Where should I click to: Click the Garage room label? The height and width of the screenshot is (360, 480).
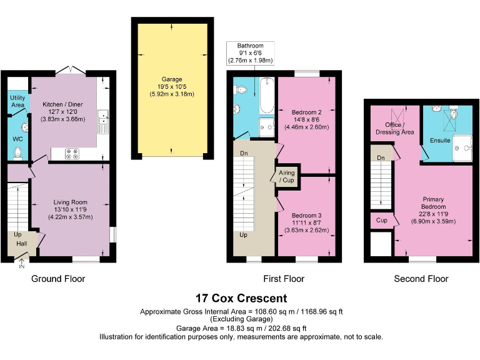[x=172, y=79]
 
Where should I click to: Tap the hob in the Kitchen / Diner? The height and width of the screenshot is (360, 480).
[x=72, y=154]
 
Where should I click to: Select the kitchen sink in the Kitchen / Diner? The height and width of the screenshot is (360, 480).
[x=103, y=121]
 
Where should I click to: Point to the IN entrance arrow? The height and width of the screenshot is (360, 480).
[x=22, y=264]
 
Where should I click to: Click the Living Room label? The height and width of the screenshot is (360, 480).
[x=71, y=202]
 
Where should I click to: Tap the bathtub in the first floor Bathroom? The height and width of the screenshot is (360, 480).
[x=267, y=96]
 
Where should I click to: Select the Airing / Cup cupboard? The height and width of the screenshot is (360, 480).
[x=287, y=177]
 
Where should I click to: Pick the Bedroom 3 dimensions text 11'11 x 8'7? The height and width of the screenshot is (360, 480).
[x=306, y=223]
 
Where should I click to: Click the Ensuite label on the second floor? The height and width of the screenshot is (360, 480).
[x=440, y=141]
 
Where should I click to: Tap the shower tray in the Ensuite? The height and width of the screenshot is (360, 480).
[x=462, y=148]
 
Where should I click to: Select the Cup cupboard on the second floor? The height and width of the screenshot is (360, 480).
[x=381, y=221]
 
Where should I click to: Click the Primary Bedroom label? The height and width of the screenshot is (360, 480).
[x=433, y=203]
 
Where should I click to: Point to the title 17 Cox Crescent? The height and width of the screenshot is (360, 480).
[x=241, y=298]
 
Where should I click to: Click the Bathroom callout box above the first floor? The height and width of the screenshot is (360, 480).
[x=251, y=53]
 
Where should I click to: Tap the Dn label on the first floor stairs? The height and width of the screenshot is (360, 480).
[x=244, y=153]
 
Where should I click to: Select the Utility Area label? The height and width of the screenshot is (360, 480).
[x=17, y=101]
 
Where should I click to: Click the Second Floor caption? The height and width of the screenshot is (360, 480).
[x=421, y=279]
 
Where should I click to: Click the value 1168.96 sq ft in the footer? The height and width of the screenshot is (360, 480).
[x=322, y=312]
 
